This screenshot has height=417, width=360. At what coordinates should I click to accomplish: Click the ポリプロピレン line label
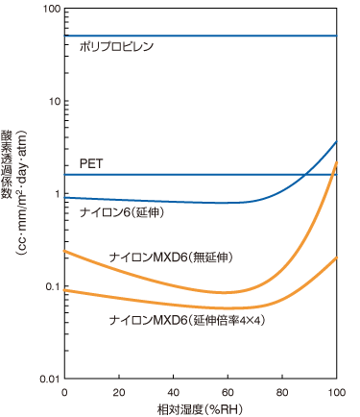click(117, 46)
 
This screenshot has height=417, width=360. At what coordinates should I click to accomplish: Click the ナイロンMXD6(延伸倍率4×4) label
click(186, 318)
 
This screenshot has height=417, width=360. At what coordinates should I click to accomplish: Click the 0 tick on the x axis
click(63, 394)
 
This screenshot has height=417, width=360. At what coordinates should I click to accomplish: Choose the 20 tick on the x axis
click(118, 394)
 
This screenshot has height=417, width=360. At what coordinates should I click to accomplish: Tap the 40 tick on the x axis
click(173, 394)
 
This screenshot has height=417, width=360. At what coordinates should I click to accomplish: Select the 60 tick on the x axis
click(228, 394)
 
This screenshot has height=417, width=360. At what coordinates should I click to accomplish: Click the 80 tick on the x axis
click(282, 394)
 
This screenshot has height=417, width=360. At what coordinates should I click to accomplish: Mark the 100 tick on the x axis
click(336, 394)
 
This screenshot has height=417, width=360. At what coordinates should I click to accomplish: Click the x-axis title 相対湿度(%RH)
click(200, 408)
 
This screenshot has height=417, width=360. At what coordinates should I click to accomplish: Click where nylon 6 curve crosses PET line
click(304, 175)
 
